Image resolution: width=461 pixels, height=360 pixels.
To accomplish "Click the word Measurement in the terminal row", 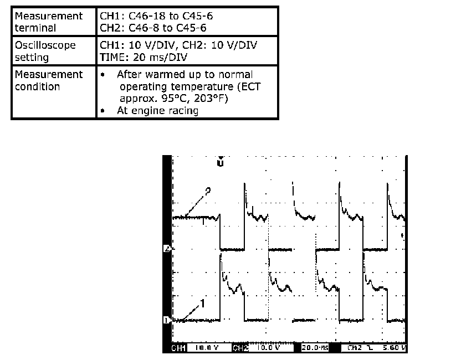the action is pos(49,16).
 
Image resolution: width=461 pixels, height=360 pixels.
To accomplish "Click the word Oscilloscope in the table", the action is pos(45,45).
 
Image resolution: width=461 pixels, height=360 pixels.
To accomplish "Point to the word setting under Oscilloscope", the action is pos(32,57).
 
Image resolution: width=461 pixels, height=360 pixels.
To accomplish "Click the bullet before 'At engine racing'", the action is pos(104,111).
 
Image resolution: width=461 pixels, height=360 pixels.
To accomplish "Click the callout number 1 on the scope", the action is pos(202,303).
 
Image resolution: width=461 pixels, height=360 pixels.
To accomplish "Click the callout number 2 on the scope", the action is pos(208,191).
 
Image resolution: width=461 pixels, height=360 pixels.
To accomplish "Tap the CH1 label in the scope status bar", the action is pos(179,348).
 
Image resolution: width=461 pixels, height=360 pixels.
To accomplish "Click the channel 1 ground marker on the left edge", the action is pos(166,320).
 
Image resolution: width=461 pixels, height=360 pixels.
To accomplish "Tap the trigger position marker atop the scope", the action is pos(220,163).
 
